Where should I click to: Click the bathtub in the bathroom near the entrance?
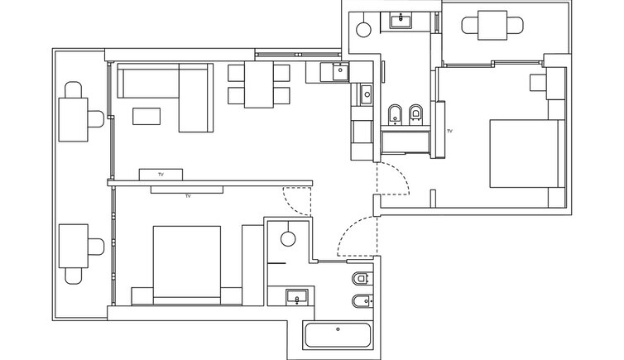click(x=338, y=335)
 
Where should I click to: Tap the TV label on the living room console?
click(x=161, y=175)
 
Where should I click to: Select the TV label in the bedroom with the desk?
click(x=449, y=131)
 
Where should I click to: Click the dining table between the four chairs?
click(x=259, y=84)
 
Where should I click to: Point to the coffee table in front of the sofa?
click(x=146, y=116)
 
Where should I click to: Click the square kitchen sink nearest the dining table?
click(x=340, y=72)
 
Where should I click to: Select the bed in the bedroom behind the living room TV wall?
click(x=187, y=266)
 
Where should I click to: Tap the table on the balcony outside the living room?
click(x=73, y=119)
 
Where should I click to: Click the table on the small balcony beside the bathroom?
click(x=492, y=26)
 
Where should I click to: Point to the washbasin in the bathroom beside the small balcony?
click(x=401, y=21)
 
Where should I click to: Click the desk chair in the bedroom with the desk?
click(x=538, y=83)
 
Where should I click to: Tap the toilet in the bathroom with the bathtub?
click(x=362, y=278)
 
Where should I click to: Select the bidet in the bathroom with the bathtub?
click(x=362, y=301)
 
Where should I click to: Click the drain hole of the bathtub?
click(x=338, y=329)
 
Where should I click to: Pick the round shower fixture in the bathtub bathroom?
click(x=288, y=239)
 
